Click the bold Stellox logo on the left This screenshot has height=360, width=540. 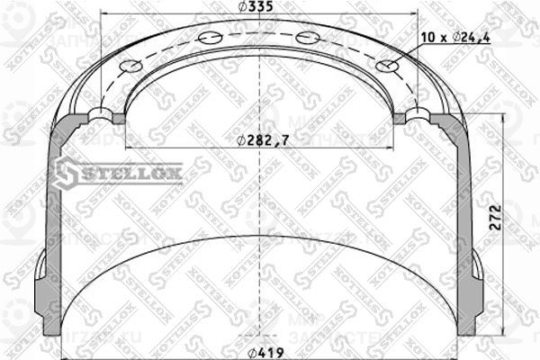click(x=117, y=171)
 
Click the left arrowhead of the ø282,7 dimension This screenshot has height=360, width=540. click(x=128, y=148)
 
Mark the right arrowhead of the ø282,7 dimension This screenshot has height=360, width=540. click(x=392, y=148)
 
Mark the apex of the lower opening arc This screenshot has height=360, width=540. click(x=261, y=237)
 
